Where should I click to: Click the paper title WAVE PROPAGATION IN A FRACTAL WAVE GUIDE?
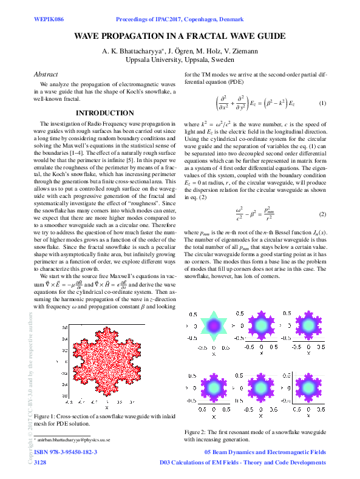(x=180, y=36)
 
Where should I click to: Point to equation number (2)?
(x=323, y=197)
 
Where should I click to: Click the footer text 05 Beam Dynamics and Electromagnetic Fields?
(x=266, y=452)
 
